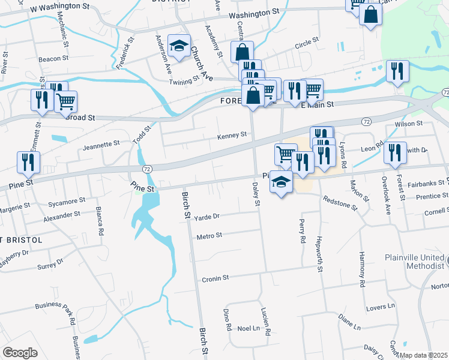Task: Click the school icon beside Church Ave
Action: click(x=179, y=45)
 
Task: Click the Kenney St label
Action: click(x=232, y=135)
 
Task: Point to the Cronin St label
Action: click(x=215, y=278)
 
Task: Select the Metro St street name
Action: click(x=209, y=236)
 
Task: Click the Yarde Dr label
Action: click(x=208, y=216)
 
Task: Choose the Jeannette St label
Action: click(x=101, y=145)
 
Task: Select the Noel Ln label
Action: click(x=248, y=329)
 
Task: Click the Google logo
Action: click(x=20, y=353)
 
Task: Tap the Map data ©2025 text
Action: click(x=423, y=355)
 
